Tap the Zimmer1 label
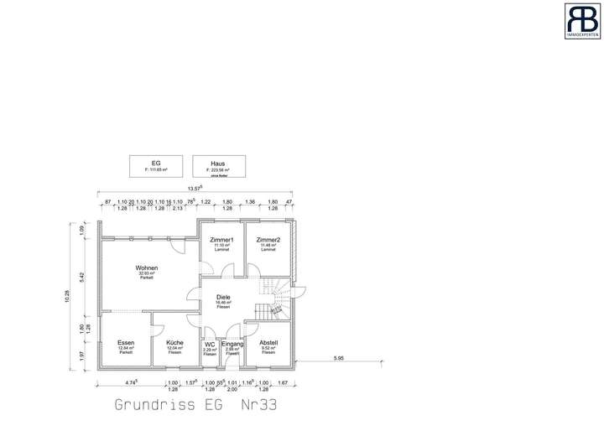pos(221,241)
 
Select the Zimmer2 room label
pos(268,241)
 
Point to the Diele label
pos(223,297)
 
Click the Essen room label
pos(126,343)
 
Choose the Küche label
pos(174,343)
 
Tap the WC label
pos(210,344)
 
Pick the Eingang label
pos(232,344)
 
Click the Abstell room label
pos(268,343)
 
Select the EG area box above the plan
pos(156,165)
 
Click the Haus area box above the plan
pos(217,165)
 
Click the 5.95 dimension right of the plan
pos(338,359)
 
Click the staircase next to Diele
pos(275,298)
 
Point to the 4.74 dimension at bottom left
pos(130,382)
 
